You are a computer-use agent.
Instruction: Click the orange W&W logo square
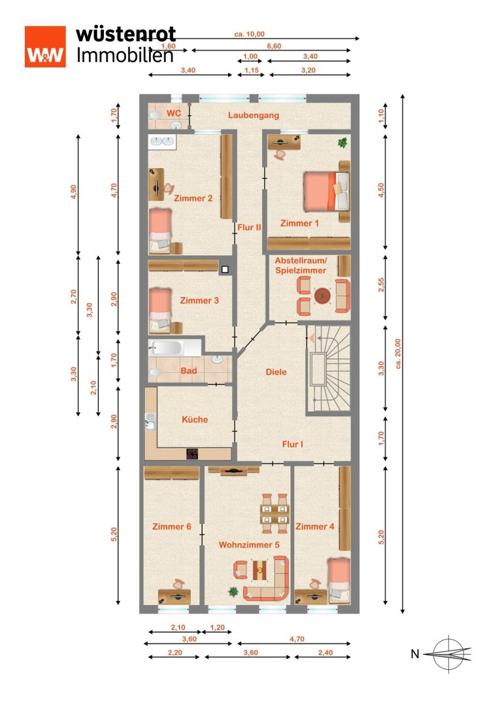click(45, 46)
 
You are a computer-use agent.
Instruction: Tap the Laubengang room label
click(253, 115)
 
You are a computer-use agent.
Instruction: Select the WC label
click(174, 113)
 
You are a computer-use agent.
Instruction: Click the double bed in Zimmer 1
click(326, 191)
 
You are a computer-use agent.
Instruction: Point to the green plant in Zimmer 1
click(343, 143)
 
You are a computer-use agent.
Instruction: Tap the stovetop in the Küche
click(192, 453)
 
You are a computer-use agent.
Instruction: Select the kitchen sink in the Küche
click(150, 423)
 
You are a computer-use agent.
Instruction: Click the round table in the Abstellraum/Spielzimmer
click(322, 296)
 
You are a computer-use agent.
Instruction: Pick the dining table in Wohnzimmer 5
click(275, 513)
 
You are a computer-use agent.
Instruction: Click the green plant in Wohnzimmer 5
click(233, 592)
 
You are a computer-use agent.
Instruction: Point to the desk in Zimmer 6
click(174, 597)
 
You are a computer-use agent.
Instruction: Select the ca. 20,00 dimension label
click(398, 354)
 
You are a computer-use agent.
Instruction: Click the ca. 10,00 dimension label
click(250, 34)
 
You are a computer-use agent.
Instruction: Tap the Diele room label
click(276, 372)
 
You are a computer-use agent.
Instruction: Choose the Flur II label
click(249, 227)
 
